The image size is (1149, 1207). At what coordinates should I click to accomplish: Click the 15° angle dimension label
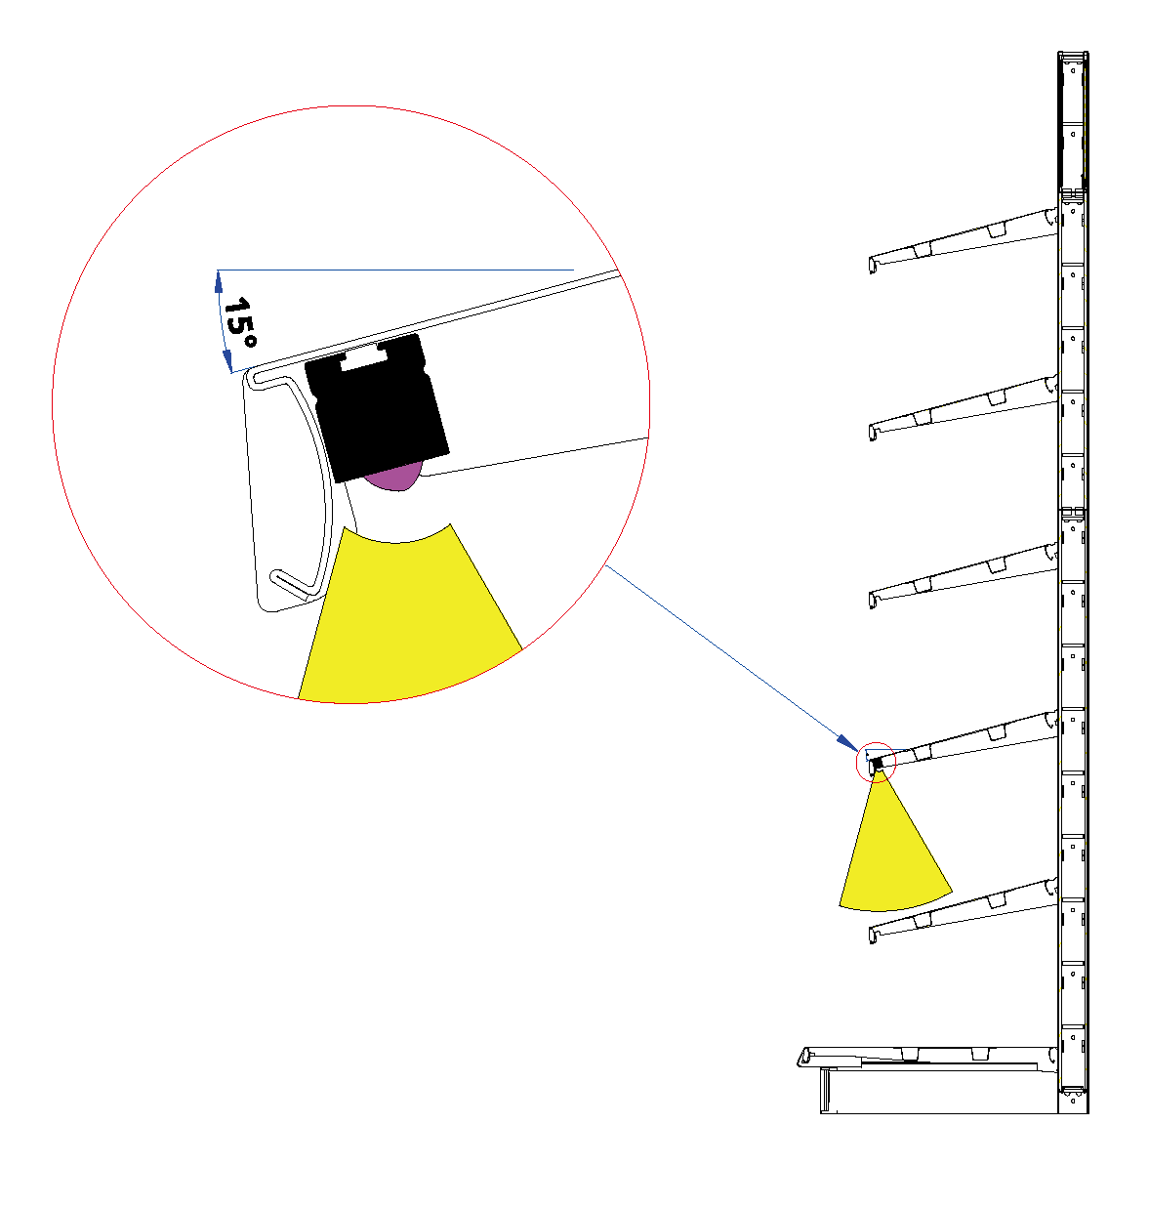[x=239, y=323]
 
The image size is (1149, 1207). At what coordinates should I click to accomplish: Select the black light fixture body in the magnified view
[x=376, y=407]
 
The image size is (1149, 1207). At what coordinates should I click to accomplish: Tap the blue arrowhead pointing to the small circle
[x=848, y=743]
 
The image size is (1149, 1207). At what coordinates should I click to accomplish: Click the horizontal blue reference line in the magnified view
[x=395, y=270]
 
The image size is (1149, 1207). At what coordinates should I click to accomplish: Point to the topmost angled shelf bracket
[x=964, y=240]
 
